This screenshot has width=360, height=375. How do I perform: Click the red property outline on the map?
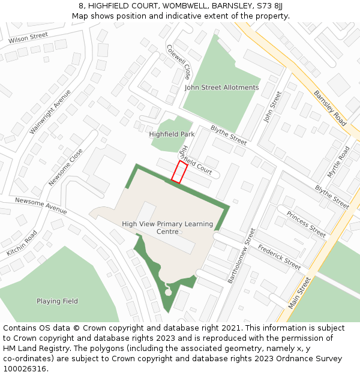(179, 171)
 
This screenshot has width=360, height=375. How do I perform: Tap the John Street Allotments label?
(221, 88)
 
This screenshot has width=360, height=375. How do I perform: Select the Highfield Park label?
(172, 134)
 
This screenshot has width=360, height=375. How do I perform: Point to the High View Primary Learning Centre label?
(167, 228)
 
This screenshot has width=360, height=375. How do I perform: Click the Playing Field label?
(57, 301)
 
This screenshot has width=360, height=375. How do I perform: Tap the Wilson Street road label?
(28, 38)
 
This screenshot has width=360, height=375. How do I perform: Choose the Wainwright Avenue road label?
(50, 112)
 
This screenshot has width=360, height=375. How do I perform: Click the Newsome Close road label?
(66, 167)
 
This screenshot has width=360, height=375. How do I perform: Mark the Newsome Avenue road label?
(41, 206)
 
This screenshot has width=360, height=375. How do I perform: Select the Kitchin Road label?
(22, 243)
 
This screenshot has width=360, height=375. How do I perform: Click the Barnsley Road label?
(330, 108)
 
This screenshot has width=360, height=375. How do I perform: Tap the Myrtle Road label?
(338, 162)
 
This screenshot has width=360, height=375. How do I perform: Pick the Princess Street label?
(306, 223)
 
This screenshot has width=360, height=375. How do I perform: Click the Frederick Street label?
(279, 256)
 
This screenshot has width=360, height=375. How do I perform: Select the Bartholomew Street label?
(241, 256)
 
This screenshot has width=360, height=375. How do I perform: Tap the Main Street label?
(300, 292)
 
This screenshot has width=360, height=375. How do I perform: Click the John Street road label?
(272, 107)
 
